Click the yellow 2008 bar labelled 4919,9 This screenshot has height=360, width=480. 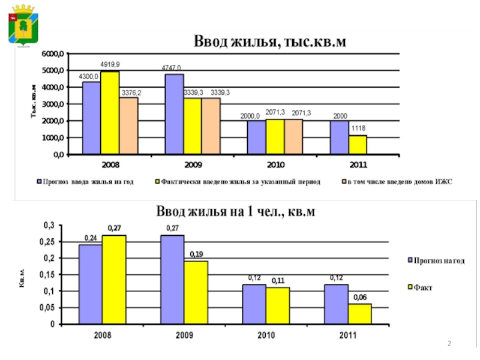tap(110, 112)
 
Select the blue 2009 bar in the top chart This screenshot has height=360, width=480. tap(174, 114)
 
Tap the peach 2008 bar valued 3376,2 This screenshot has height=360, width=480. tap(128, 125)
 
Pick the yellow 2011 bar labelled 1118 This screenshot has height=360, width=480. tap(358, 145)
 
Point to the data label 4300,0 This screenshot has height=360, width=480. tap(89, 76)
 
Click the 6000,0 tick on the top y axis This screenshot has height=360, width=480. tap(52, 54)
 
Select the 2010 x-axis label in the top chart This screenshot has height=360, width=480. tap(275, 164)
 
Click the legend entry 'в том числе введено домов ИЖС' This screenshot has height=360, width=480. tap(397, 181)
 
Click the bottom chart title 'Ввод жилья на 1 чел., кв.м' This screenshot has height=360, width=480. tap(236, 212)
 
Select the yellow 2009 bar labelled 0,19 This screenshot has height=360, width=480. tap(196, 292)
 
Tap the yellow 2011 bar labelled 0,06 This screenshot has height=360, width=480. tap(361, 314)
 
